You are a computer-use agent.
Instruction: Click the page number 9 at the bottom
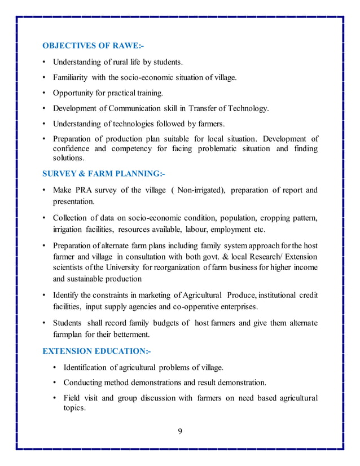coord(180,432)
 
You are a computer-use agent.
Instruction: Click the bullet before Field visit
coord(55,399)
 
